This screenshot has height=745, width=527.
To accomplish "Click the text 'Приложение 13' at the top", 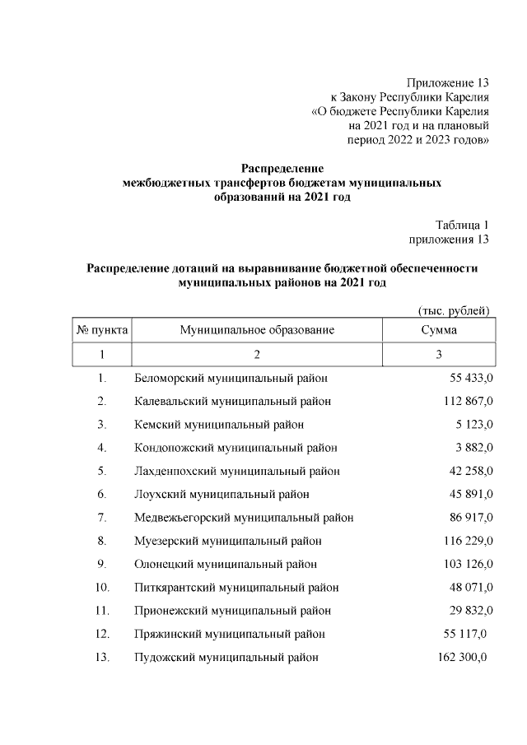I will click(x=448, y=83).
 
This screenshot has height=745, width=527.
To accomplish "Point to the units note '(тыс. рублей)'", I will click(x=455, y=310).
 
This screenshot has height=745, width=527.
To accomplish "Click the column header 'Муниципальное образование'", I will click(x=257, y=330).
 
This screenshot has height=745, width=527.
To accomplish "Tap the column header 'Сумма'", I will click(x=439, y=330).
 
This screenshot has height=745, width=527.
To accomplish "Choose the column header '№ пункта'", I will click(x=102, y=330).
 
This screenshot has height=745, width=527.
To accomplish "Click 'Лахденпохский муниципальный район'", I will click(x=237, y=471).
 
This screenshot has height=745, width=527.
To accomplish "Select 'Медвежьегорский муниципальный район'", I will click(x=244, y=518).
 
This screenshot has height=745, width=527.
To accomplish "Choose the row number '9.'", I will click(x=102, y=564).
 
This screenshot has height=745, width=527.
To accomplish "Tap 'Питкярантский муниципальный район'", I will click(x=236, y=588).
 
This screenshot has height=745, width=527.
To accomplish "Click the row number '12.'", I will click(x=102, y=634).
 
